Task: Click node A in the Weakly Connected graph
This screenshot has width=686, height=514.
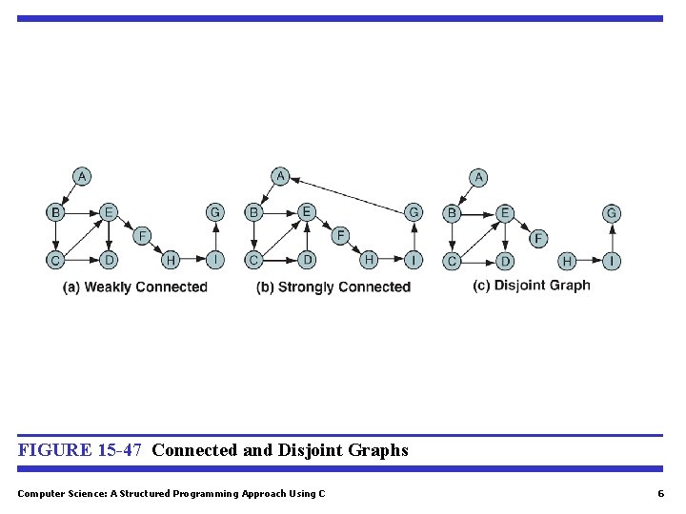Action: click(x=83, y=176)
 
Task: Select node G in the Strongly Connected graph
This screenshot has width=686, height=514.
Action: click(x=414, y=212)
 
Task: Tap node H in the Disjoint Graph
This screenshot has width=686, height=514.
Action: click(x=567, y=260)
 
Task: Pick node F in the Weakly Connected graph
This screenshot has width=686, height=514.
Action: click(x=141, y=235)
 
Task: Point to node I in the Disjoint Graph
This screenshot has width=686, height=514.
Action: click(x=612, y=260)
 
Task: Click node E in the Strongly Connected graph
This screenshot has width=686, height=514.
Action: click(x=307, y=212)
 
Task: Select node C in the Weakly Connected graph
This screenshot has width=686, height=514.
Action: click(x=56, y=260)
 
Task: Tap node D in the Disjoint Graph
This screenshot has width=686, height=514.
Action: click(x=506, y=260)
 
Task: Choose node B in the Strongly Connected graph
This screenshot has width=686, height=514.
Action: click(x=253, y=212)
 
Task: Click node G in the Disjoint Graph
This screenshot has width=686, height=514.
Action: click(x=612, y=213)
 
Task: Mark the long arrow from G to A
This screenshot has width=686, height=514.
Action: click(x=347, y=194)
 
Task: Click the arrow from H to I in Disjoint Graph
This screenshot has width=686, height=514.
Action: click(x=589, y=260)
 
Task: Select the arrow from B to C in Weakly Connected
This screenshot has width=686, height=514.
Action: click(x=56, y=236)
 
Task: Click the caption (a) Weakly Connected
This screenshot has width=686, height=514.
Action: click(x=134, y=287)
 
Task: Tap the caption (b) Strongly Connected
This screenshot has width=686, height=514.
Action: click(x=333, y=287)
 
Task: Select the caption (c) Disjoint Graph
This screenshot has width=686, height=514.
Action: click(x=532, y=286)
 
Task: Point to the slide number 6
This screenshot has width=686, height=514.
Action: click(x=660, y=493)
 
